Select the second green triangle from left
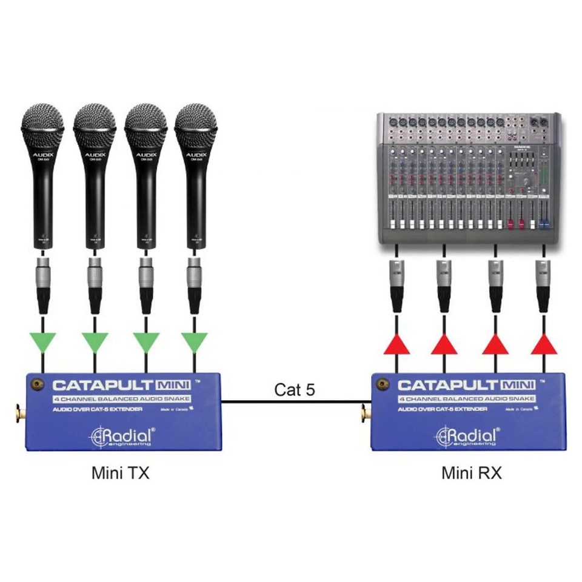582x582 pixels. point(94,343)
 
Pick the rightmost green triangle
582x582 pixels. point(194,343)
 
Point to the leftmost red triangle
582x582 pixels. point(396,344)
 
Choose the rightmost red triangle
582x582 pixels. point(544,344)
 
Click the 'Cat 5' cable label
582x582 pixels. point(295,389)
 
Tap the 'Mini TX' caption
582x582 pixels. point(120,472)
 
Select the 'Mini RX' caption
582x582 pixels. point(471,472)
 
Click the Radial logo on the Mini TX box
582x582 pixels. point(123,436)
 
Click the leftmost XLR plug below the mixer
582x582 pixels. point(396,282)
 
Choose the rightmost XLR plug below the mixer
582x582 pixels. point(544,282)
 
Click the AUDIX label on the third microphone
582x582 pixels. point(145,156)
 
